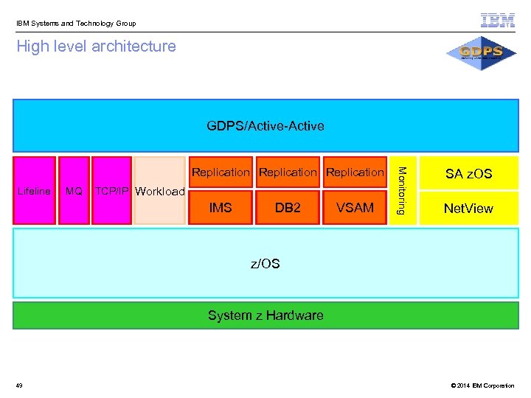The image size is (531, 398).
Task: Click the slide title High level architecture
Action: [96, 46]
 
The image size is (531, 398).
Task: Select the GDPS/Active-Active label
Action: [265, 126]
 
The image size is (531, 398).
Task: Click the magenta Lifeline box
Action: [34, 190]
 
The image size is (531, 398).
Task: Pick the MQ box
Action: [74, 190]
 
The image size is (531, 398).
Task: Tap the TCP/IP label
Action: [112, 190]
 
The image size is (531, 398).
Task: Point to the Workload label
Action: [160, 191]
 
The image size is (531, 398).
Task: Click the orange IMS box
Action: [221, 208]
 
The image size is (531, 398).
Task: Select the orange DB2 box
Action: [288, 208]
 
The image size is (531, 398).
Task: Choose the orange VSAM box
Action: [355, 208]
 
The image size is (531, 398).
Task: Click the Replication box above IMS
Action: [221, 172]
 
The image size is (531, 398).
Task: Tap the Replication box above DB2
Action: [288, 172]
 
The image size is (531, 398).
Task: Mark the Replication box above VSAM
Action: [355, 172]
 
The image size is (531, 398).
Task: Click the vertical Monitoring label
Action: [402, 190]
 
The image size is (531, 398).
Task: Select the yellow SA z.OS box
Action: [468, 174]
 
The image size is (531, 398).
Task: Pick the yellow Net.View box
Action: [468, 209]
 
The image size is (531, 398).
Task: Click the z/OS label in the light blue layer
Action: [265, 263]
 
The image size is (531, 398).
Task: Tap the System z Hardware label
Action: [265, 315]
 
